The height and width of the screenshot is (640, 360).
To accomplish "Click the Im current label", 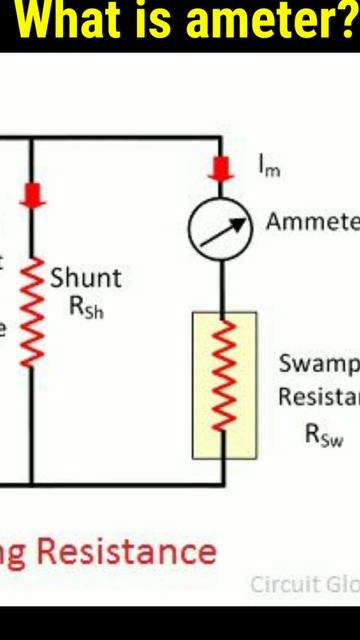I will click(269, 170).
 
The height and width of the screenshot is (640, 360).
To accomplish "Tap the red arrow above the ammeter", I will click(221, 166).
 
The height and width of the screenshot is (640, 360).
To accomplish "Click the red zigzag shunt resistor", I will click(33, 310).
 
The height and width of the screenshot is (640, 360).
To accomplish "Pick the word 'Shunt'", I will click(86, 277).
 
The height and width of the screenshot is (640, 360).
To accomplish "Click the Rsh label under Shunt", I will click(86, 308).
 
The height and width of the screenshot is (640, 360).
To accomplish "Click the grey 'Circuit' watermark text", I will click(283, 585).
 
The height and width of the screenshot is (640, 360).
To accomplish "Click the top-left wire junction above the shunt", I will click(33, 137).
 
